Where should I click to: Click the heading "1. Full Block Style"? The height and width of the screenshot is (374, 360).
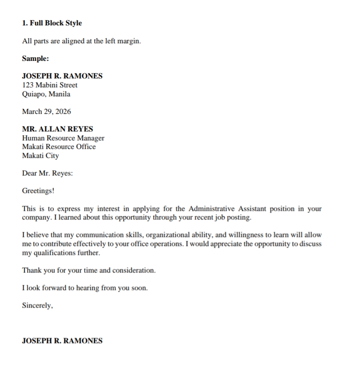click(52, 23)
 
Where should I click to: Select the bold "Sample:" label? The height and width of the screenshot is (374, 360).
click(36, 58)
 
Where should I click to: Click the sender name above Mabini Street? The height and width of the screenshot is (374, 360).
click(62, 76)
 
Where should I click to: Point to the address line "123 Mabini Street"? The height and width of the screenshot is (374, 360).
click(50, 85)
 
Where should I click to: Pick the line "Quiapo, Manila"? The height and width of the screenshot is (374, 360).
click(46, 94)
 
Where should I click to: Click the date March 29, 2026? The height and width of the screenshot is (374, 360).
click(46, 112)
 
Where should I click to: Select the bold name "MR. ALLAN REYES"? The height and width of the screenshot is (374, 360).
click(57, 129)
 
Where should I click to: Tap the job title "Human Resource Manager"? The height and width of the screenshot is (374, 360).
click(63, 138)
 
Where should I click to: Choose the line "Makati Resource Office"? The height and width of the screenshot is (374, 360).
click(59, 147)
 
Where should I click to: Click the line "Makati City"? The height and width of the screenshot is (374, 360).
click(41, 156)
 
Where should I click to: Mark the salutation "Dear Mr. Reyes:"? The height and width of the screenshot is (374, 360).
click(47, 173)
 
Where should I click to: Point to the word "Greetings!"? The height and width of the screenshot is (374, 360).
click(38, 191)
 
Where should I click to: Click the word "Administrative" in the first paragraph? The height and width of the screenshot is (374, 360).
click(211, 209)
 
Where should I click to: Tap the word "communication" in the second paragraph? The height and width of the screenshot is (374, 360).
click(101, 235)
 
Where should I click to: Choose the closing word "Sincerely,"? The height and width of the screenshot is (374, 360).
click(37, 306)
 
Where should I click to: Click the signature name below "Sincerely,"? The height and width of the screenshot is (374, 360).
click(62, 341)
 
